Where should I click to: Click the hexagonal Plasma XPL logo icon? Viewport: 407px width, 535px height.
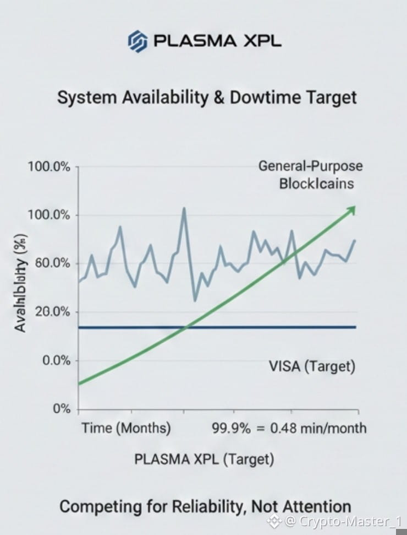[x=137, y=41]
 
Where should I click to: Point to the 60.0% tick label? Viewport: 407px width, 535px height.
[x=50, y=263]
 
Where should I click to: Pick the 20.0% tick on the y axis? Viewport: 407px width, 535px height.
[x=50, y=312]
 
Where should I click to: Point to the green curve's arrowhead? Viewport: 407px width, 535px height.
[x=351, y=209]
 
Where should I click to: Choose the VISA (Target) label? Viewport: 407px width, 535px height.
[x=312, y=366]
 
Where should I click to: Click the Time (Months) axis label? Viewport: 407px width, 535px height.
[x=126, y=428]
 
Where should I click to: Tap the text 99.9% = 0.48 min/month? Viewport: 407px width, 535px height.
[x=289, y=428]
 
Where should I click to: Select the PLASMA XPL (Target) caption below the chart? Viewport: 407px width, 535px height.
[x=204, y=458]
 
